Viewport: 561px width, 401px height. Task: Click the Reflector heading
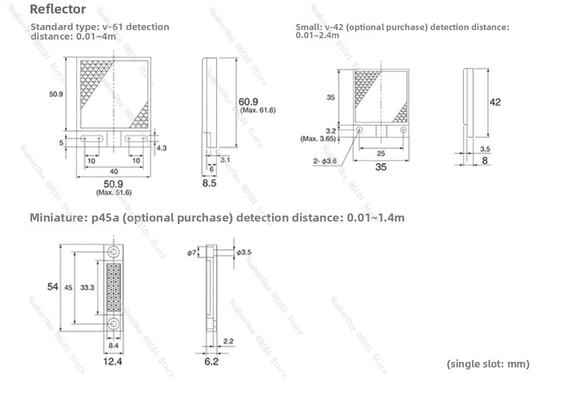coord(58,10)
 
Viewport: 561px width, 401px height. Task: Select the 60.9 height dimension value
coord(248,102)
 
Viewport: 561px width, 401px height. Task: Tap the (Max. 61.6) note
coord(258,110)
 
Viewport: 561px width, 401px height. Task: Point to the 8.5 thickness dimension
coord(209,183)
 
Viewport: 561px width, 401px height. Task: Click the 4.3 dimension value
coord(162,148)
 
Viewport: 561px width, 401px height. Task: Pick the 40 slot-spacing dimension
coord(114,171)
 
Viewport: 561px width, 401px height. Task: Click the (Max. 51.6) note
coord(114,192)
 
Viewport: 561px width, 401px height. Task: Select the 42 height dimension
coord(495,102)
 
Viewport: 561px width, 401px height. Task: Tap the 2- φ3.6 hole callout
coord(325,161)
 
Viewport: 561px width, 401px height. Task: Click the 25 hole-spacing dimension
coord(381,153)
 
